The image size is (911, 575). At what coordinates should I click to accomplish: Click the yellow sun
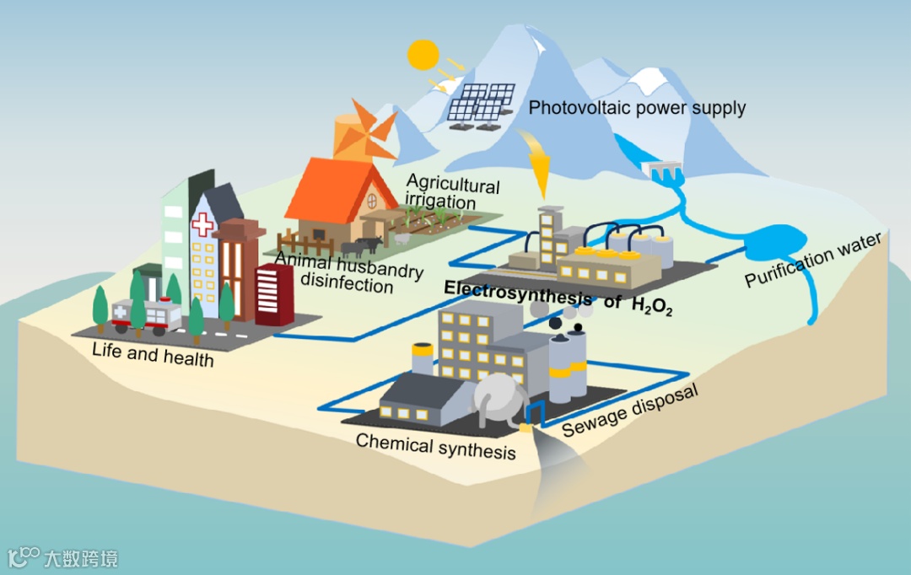click(424, 55)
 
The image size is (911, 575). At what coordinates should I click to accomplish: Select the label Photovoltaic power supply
click(637, 108)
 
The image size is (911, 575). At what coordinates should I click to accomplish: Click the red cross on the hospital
click(202, 225)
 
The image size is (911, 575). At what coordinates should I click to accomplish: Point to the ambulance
click(147, 314)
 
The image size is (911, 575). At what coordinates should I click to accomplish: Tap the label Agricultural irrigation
click(452, 193)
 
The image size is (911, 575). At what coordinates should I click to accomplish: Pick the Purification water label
click(813, 259)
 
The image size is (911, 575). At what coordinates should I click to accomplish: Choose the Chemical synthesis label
click(435, 446)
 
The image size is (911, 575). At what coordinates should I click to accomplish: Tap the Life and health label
click(153, 356)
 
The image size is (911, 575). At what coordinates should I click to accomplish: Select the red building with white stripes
click(273, 294)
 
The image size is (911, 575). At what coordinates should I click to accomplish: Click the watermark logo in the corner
click(62, 557)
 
